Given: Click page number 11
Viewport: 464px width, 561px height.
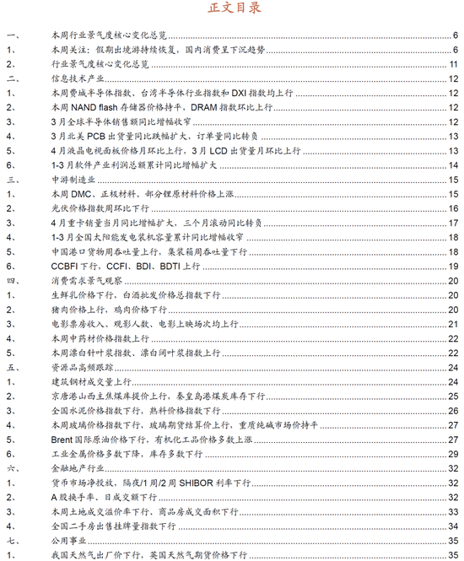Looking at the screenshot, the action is click(453, 64).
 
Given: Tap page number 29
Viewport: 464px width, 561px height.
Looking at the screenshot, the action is click(453, 454).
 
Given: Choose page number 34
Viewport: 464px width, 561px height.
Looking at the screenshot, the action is click(453, 526).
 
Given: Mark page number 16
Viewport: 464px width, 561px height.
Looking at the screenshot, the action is click(453, 208).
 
